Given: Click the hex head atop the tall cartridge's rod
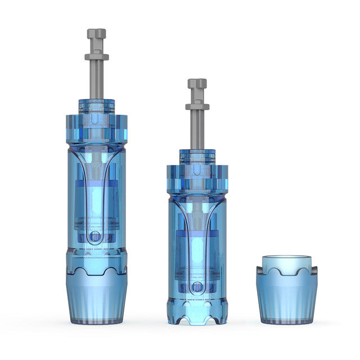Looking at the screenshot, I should (x=96, y=34).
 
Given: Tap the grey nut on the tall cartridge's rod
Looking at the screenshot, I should (x=96, y=57).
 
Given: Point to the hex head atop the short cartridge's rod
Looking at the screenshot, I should (x=197, y=84).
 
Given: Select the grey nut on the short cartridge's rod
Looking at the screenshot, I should (x=197, y=106).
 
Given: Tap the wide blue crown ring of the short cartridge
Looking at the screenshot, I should (x=196, y=177).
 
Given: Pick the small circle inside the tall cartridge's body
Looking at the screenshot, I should (x=96, y=236).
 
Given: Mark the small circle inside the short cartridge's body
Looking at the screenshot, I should (x=196, y=287).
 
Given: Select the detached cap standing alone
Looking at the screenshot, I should (x=287, y=292).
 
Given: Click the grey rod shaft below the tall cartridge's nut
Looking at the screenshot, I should (x=96, y=79).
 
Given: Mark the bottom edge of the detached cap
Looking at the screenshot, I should (x=287, y=322).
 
